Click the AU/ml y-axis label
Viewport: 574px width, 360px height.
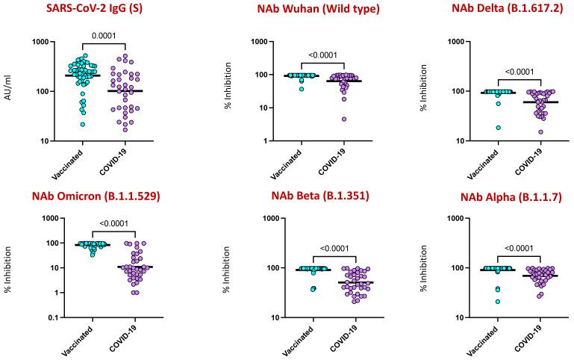tap(9, 92)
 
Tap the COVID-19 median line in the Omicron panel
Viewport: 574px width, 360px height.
tap(134, 267)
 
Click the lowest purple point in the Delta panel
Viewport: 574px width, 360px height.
tap(520, 132)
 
